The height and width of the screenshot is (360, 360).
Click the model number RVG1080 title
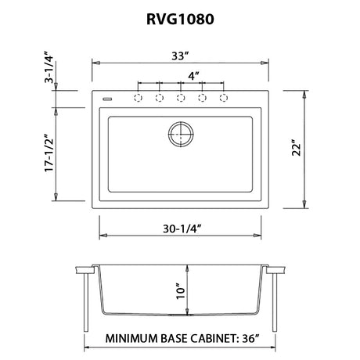point(180,19)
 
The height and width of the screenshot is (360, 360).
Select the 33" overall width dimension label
point(180,56)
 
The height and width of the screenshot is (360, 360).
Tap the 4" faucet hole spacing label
point(193,76)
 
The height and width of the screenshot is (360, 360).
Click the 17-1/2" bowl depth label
point(49,153)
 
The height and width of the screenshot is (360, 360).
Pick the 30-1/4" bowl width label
point(182,229)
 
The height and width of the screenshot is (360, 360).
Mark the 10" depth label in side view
point(181,291)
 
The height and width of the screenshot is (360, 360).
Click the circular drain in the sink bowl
point(181,134)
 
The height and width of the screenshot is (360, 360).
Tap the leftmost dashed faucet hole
point(138,98)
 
